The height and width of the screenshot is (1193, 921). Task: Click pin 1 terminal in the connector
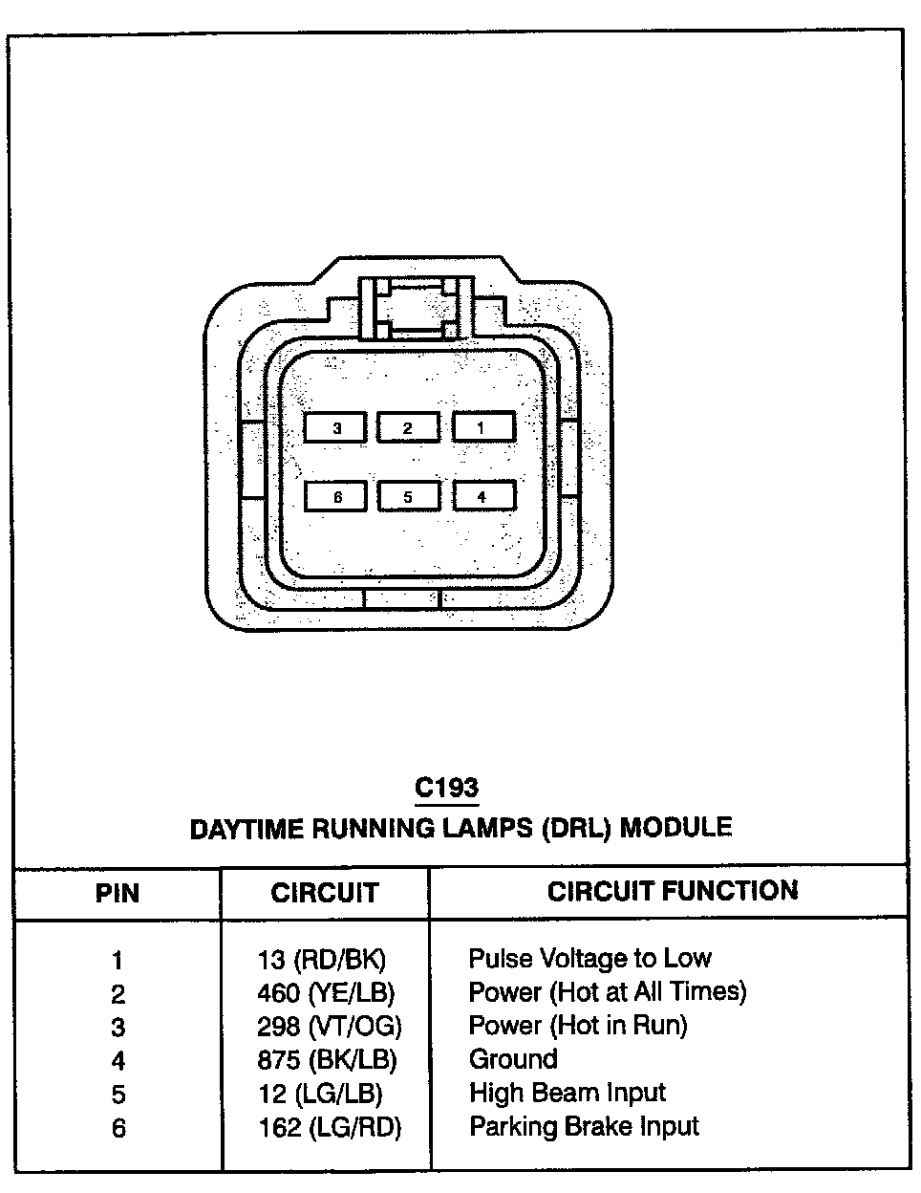(x=483, y=427)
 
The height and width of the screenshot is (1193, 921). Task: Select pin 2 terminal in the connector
(x=409, y=427)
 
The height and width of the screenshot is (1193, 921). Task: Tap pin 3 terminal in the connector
(x=335, y=427)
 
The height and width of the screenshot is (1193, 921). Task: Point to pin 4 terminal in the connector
(x=483, y=495)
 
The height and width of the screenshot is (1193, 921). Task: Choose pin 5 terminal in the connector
(x=409, y=496)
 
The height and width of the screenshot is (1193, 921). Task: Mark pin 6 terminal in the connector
(x=336, y=496)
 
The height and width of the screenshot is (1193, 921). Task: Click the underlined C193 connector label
(x=446, y=789)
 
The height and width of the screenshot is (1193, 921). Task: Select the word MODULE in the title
(x=676, y=827)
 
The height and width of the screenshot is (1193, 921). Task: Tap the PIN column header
(x=118, y=893)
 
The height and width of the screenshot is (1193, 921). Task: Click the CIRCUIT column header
(x=325, y=893)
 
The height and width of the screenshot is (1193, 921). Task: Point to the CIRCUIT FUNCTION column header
(x=672, y=891)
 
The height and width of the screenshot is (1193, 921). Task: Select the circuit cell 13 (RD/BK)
(x=322, y=960)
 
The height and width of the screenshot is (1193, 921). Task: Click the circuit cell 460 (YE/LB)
(x=326, y=993)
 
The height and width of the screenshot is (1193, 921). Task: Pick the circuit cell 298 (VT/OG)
(x=330, y=1027)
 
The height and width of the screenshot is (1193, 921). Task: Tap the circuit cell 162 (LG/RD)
(x=330, y=1128)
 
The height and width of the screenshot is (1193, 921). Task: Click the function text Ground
(x=513, y=1059)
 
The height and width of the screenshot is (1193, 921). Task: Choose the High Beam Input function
(x=568, y=1093)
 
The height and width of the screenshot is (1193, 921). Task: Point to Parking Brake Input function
(x=584, y=1127)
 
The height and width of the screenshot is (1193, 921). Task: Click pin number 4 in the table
(x=118, y=1061)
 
